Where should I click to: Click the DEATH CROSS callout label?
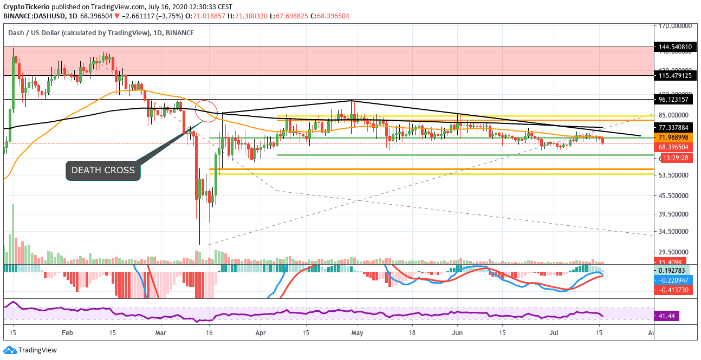click(x=103, y=170)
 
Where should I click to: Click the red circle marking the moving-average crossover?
click(x=206, y=111)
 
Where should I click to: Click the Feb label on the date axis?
click(x=67, y=332)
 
